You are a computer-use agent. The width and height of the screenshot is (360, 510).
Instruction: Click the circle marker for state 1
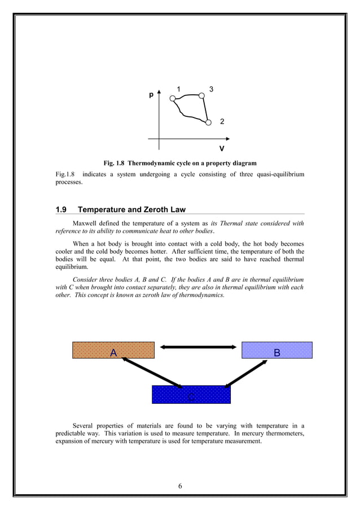click(173, 98)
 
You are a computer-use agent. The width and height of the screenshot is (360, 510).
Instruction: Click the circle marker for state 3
click(202, 96)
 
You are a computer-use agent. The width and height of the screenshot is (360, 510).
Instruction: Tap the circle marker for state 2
click(208, 122)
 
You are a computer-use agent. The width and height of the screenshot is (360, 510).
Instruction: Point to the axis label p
click(151, 95)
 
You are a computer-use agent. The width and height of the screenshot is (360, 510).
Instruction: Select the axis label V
click(222, 149)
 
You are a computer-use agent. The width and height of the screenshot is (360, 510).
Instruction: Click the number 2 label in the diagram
click(222, 122)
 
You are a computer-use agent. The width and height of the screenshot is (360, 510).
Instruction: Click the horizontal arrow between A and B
click(197, 346)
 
